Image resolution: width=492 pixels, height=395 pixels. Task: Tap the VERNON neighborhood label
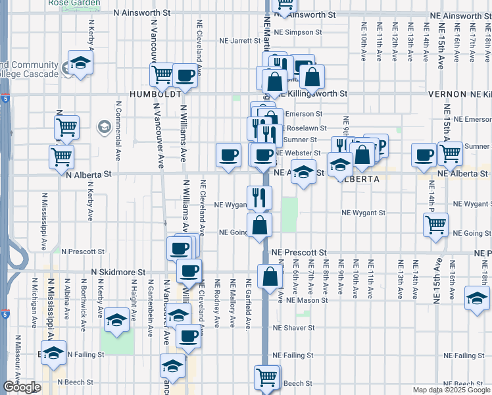tap(447, 94)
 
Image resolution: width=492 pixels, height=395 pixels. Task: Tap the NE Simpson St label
tap(298, 31)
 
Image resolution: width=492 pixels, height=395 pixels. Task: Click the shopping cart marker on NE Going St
tap(436, 224)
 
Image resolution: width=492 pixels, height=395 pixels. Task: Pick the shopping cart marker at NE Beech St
tap(266, 377)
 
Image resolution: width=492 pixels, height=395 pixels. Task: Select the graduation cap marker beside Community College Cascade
tap(80, 63)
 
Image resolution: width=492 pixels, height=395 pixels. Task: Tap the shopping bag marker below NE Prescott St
tap(270, 276)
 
